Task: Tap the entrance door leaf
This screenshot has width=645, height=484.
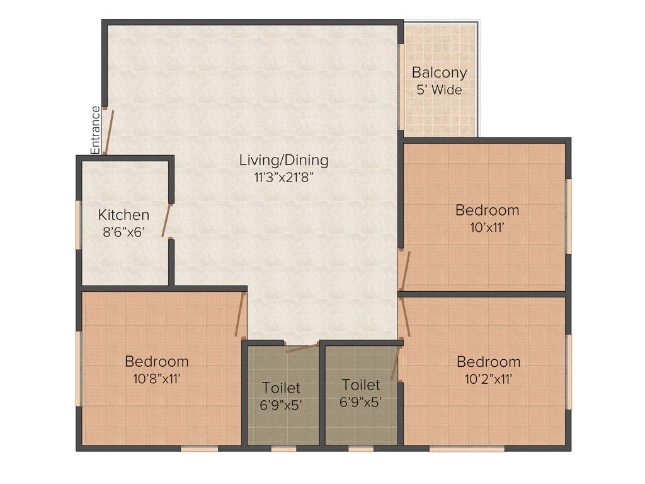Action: [x=108, y=132]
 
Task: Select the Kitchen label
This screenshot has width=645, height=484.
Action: [x=123, y=215]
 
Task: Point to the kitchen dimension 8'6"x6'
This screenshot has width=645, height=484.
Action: [x=123, y=231]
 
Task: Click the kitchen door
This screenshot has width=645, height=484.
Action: [x=167, y=220]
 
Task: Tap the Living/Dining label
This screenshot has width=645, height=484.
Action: [x=283, y=160]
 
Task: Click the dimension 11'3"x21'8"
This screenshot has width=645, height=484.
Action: [x=283, y=177]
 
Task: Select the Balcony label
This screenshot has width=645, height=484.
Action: [x=439, y=72]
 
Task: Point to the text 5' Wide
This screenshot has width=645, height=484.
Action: [x=439, y=89]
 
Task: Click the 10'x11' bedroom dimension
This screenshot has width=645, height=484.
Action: [x=487, y=227]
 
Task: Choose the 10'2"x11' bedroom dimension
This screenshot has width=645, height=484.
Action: [x=488, y=379]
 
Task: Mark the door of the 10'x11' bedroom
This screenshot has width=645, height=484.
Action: [x=405, y=270]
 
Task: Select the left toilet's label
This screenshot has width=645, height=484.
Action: [x=281, y=388]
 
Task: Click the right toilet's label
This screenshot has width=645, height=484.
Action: [x=361, y=384]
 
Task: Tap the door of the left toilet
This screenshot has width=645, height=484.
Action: [x=302, y=348]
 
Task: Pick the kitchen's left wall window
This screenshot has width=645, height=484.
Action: [x=79, y=224]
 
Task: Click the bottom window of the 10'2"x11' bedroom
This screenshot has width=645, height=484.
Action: [x=467, y=449]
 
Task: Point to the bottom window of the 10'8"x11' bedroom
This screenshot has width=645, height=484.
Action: [x=200, y=449]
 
